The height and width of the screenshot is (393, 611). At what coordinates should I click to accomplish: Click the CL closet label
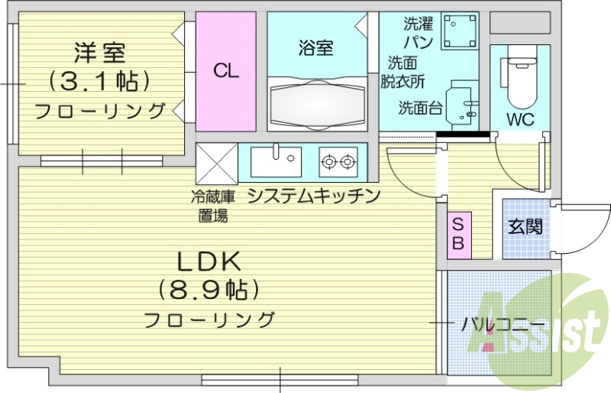point(226,72)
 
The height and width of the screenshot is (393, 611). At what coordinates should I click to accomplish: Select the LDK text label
point(209,262)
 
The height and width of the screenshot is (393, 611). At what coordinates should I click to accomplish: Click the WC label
point(521,119)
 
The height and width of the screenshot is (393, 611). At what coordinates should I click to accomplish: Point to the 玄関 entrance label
point(525,226)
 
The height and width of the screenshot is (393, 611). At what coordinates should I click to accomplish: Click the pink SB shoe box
point(459,235)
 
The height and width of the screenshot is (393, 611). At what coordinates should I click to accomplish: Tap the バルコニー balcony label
point(503,324)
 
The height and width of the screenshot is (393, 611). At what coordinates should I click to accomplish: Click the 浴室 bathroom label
point(315,48)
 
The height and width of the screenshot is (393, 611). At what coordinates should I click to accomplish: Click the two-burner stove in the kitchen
point(338,161)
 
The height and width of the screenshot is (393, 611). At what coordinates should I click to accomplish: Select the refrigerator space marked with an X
point(217,162)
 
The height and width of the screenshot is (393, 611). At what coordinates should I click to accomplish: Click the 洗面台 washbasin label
point(419,108)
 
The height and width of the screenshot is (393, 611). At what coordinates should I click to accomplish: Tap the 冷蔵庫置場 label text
point(213,206)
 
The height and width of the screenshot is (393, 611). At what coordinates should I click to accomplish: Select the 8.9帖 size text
point(209,290)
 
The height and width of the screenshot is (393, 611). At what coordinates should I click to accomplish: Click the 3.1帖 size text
point(99,80)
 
